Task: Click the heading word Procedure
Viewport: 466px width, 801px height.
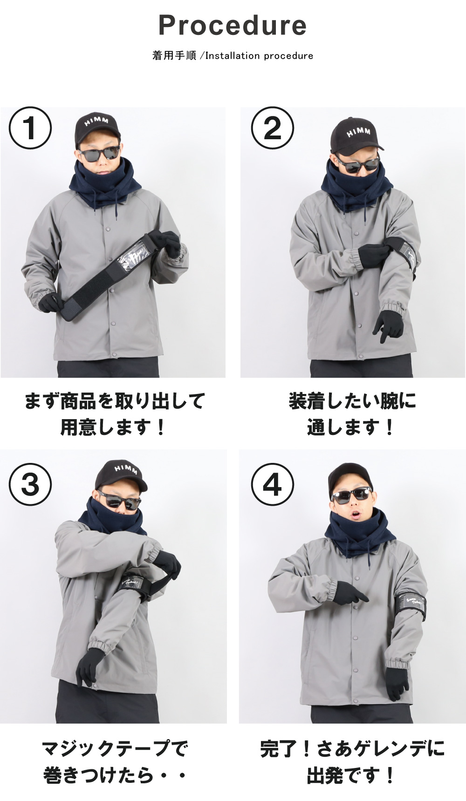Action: click(x=233, y=25)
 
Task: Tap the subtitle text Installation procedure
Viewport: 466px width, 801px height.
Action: click(x=259, y=56)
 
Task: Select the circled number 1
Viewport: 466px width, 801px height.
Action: click(x=30, y=128)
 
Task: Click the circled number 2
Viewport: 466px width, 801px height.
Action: click(x=273, y=128)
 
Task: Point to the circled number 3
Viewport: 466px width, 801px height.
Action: click(x=30, y=484)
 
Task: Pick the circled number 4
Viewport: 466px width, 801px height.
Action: click(x=273, y=484)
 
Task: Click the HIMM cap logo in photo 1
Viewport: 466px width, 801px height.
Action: click(x=96, y=122)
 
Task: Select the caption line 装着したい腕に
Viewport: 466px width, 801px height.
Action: click(x=352, y=401)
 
